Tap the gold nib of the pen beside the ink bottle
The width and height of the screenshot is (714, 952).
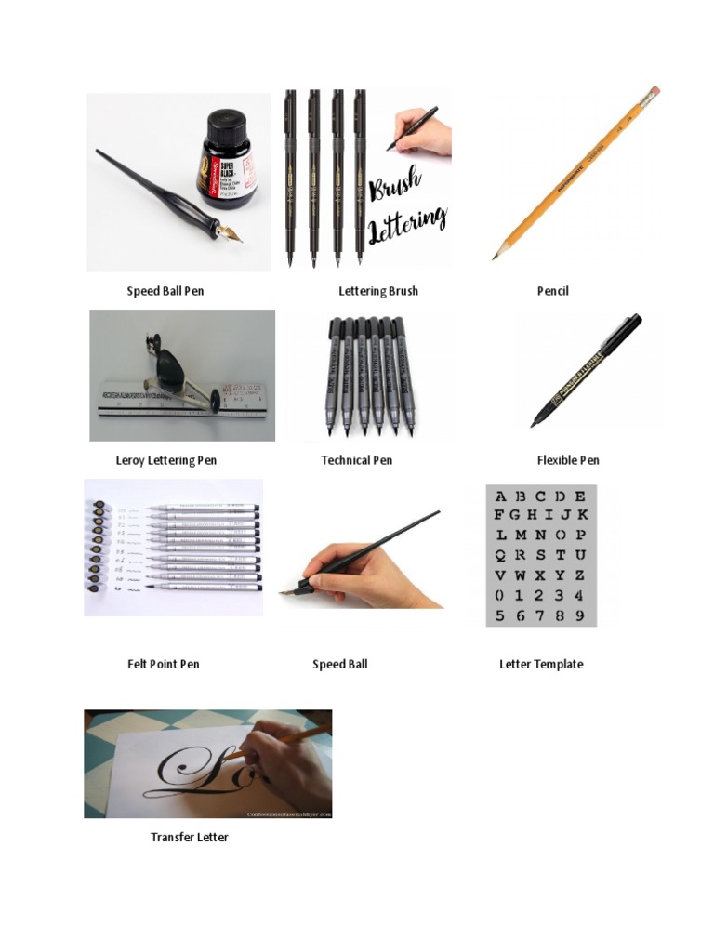(x=231, y=234)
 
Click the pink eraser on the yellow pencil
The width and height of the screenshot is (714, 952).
(x=654, y=91)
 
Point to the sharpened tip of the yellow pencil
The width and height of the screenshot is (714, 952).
(x=496, y=257)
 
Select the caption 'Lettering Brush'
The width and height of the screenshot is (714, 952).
(x=378, y=291)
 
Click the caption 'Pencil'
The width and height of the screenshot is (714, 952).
(x=552, y=291)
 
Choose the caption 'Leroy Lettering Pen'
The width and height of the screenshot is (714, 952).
(x=166, y=460)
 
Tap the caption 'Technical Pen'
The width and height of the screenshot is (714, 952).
(x=357, y=460)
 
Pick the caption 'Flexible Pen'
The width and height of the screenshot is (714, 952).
(x=568, y=460)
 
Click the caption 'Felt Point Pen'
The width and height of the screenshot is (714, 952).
(x=164, y=664)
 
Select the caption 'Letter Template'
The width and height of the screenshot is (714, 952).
(x=541, y=664)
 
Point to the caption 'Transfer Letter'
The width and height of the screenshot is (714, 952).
(x=190, y=837)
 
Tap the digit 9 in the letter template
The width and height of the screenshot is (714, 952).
(x=580, y=615)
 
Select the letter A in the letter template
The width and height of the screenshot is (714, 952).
(x=501, y=496)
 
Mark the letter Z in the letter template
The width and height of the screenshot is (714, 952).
(x=580, y=575)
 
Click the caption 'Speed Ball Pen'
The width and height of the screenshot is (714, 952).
(x=165, y=291)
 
